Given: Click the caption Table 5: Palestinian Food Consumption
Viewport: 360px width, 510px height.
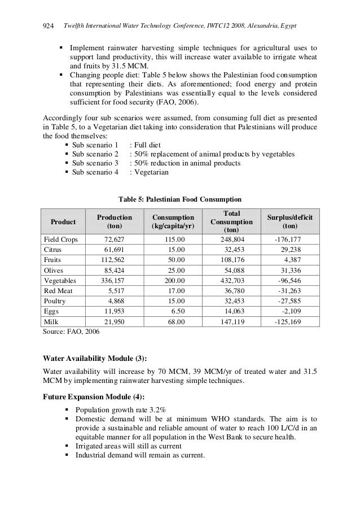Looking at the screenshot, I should (x=179, y=199).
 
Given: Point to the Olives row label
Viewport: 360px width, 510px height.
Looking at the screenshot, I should (x=55, y=270).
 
